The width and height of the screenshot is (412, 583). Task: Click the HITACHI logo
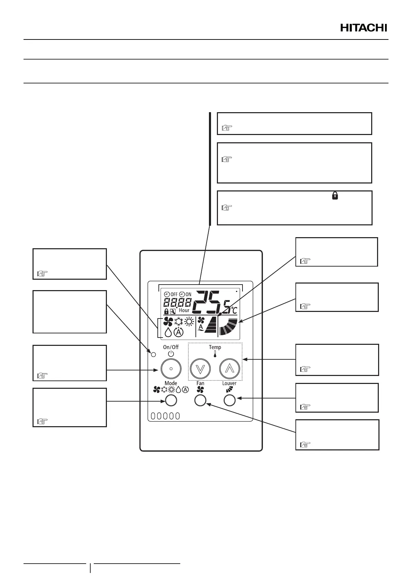(364, 28)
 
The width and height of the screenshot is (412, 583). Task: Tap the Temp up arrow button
(230, 368)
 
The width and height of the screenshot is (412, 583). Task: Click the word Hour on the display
(184, 310)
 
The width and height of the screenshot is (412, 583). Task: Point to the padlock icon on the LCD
(166, 312)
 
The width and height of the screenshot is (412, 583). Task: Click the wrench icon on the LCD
(173, 312)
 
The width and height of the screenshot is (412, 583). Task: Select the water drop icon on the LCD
(168, 332)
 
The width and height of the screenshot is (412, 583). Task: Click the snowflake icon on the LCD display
(179, 322)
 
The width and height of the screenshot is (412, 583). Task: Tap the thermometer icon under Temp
(215, 354)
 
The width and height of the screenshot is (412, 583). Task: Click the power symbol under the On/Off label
(171, 354)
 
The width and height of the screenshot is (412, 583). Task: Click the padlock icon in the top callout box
(335, 196)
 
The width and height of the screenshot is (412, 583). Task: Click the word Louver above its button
(229, 383)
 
